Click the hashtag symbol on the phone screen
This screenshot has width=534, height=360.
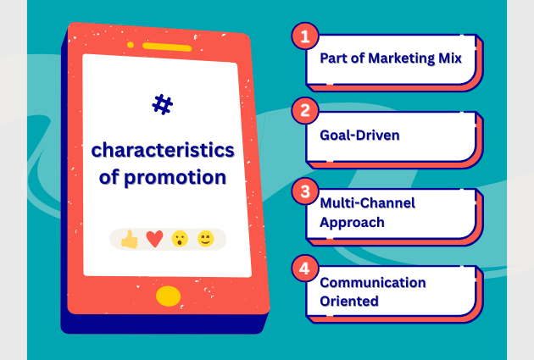pyautogui.click(x=162, y=104)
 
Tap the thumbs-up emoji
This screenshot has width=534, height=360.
pyautogui.click(x=129, y=240)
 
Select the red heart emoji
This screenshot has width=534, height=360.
pyautogui.click(x=154, y=240)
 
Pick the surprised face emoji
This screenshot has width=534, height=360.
pyautogui.click(x=180, y=240)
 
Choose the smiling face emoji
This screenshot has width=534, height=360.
pyautogui.click(x=204, y=240)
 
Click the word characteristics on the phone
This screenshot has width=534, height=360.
pyautogui.click(x=163, y=151)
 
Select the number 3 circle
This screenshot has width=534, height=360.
pyautogui.click(x=303, y=191)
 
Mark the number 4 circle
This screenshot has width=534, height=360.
pyautogui.click(x=303, y=269)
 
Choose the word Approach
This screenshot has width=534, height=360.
pyautogui.click(x=352, y=223)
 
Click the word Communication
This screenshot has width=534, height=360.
pyautogui.click(x=372, y=282)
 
